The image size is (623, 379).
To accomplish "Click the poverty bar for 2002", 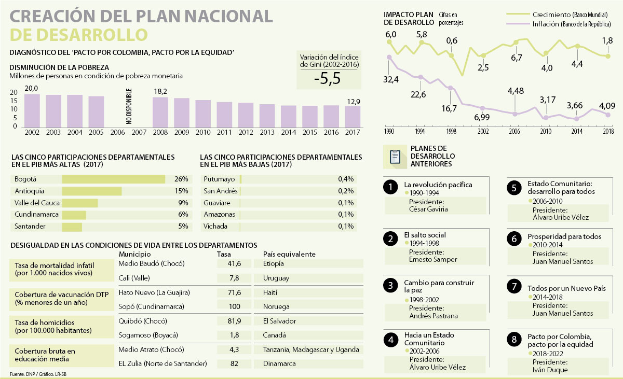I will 32,110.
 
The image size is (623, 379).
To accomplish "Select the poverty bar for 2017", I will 353,116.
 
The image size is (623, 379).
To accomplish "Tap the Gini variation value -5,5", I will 327,78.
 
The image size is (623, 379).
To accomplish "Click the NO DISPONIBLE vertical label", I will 129,106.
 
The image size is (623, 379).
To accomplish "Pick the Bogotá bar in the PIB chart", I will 113,179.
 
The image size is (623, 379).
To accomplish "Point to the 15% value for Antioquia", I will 181,191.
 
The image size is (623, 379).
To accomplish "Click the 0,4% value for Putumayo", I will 346,179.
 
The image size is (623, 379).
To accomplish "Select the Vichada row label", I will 215,227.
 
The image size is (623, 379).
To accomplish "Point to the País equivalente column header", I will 289,254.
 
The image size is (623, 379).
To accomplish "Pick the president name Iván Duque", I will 550,370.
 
